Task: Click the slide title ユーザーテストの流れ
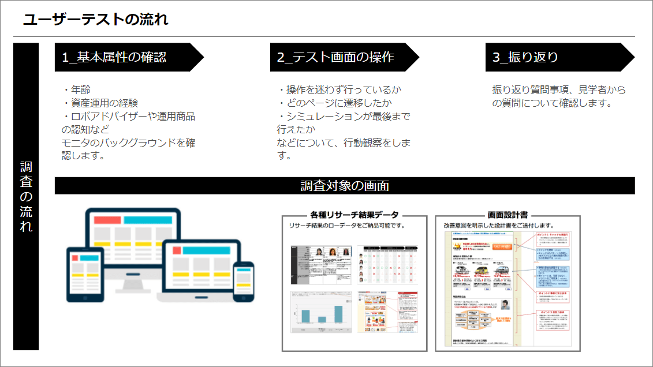tap(96, 20)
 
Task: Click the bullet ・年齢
tap(77, 90)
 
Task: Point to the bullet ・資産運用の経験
tap(100, 103)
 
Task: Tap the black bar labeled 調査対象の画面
tap(345, 186)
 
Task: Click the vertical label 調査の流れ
tap(26, 196)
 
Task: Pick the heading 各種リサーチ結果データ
tap(354, 215)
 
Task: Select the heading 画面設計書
tap(507, 215)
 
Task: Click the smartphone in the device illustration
tap(243, 280)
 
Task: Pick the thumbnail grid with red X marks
tap(387, 265)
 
